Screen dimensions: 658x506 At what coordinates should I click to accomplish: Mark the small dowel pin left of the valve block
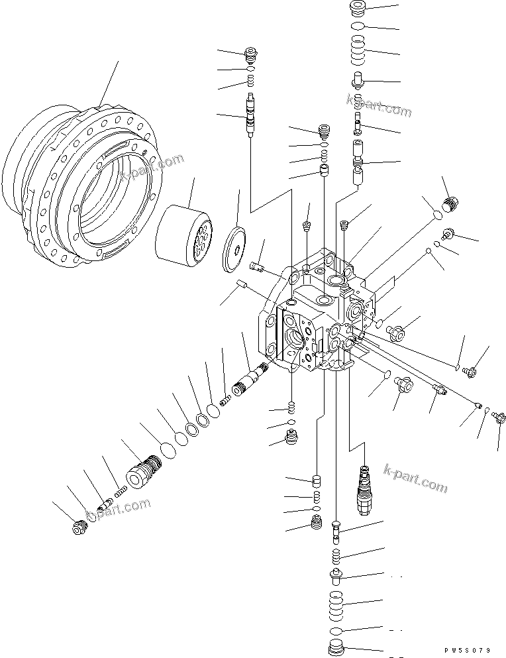point(242,286)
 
